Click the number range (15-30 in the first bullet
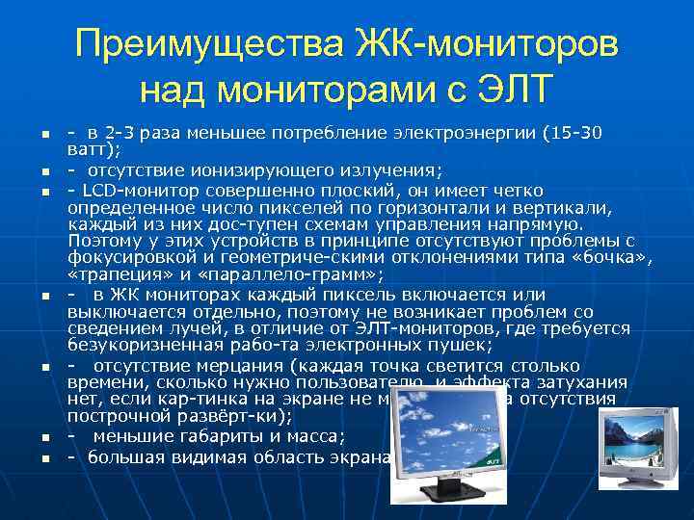pos(575,133)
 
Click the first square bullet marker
pos(32,134)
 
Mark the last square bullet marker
pos(32,458)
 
